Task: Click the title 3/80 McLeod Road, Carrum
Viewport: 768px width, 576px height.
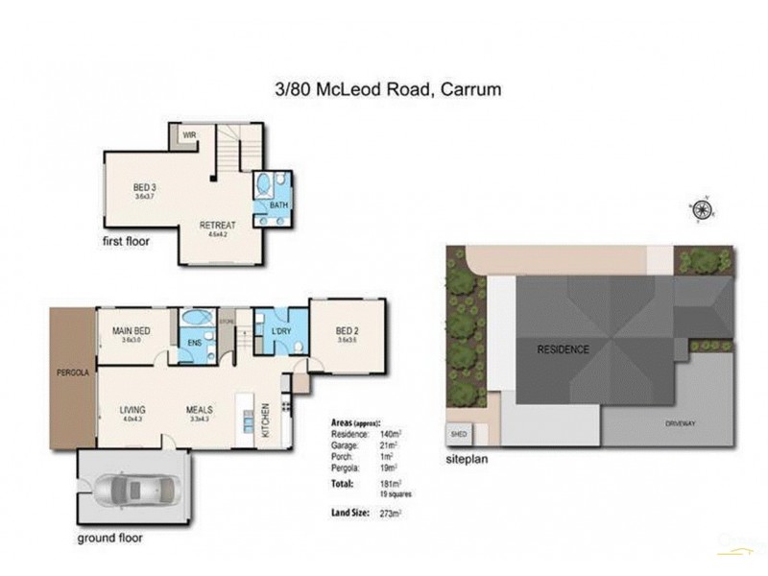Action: [x=388, y=90]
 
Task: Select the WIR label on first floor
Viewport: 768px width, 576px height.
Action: [x=189, y=135]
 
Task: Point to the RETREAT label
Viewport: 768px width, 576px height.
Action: [x=217, y=226]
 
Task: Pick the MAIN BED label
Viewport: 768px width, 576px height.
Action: [x=132, y=330]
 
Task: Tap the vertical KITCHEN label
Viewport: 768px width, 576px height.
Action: [x=267, y=422]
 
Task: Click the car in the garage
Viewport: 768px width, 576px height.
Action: [x=135, y=489]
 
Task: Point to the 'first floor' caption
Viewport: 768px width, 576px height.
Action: [x=126, y=242]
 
